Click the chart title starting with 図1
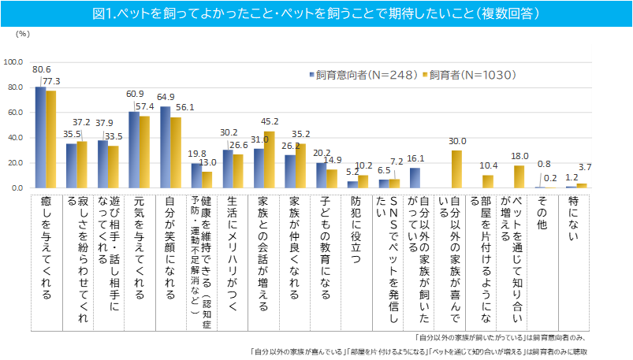pyautogui.click(x=316, y=13)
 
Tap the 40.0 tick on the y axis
pyautogui.click(x=16, y=138)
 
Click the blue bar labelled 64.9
pyautogui.click(x=166, y=147)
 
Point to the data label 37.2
pyautogui.click(x=81, y=124)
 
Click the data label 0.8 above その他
pyautogui.click(x=544, y=164)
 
